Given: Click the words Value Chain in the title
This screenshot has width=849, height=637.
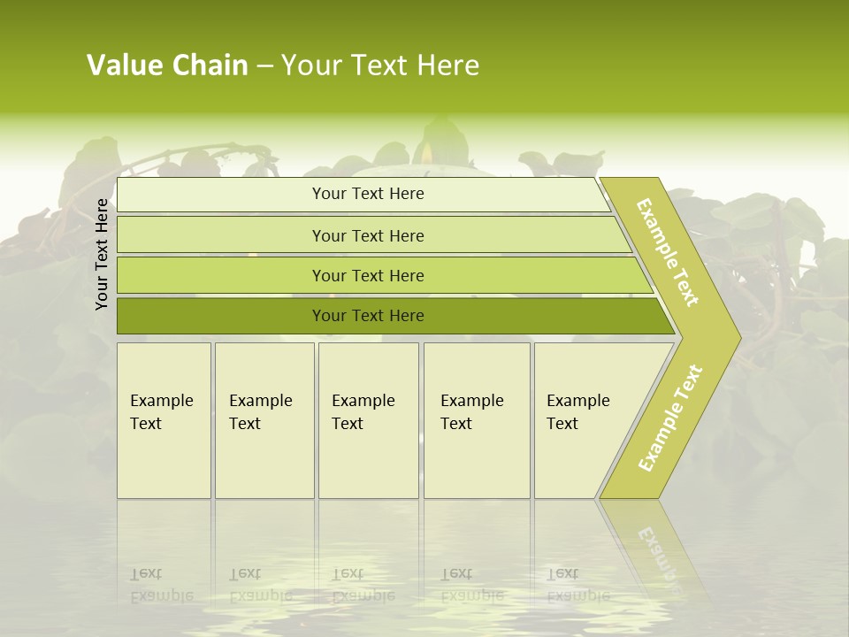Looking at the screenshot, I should [167, 65].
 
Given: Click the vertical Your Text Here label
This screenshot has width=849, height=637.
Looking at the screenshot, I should [102, 254].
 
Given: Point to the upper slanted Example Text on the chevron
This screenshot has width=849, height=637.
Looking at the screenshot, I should [668, 252].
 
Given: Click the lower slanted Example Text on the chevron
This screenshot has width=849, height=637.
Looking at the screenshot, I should [670, 418].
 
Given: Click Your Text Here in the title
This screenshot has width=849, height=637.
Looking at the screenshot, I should [380, 65].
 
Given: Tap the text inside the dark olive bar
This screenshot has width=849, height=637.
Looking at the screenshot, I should [368, 316].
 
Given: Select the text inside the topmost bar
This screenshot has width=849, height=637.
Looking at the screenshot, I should [368, 194].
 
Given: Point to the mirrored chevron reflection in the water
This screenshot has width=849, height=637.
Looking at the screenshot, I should [654, 549].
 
